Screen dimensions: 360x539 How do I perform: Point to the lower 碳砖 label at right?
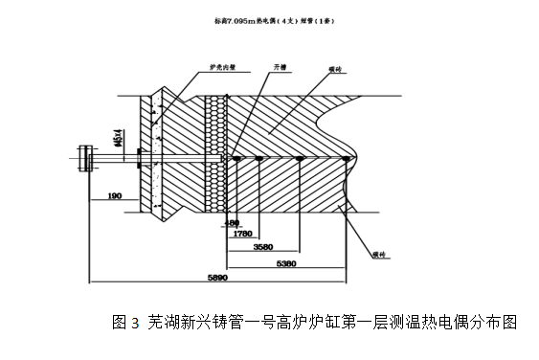tap(379, 256)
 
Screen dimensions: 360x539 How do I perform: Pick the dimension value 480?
tap(230, 222)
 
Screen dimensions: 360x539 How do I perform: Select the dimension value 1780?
tap(242, 232)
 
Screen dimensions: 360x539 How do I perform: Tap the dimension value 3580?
tap(264, 246)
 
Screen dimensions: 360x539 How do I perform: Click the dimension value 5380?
tap(285, 261)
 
